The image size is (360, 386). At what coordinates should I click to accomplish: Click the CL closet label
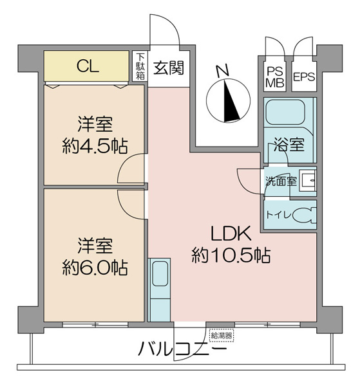pos(88,66)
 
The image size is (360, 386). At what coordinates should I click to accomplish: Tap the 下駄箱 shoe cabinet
pos(140,66)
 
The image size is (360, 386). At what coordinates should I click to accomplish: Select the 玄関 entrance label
pos(169,68)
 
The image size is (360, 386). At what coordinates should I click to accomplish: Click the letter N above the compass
pos(223,71)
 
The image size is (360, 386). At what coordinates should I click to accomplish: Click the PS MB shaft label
pos(275,78)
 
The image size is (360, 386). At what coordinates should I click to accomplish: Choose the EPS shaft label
pos(304,77)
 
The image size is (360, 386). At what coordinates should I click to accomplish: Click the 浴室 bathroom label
pos(289,145)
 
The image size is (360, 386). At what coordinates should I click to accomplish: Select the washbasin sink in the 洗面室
pos(307,180)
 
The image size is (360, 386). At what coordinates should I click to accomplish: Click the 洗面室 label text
pos(281,181)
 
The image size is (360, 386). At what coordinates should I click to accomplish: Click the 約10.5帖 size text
pos(231,255)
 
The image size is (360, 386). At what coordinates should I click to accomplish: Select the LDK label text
pos(231,234)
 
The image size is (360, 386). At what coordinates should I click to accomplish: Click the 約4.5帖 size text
pos(95,146)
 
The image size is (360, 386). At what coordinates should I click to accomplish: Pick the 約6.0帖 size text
pos(95,268)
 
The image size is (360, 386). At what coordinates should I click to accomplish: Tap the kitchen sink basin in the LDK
pos(160,274)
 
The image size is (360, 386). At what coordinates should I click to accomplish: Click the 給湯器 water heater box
pos(222,335)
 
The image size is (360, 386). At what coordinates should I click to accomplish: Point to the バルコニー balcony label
pos(182,349)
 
